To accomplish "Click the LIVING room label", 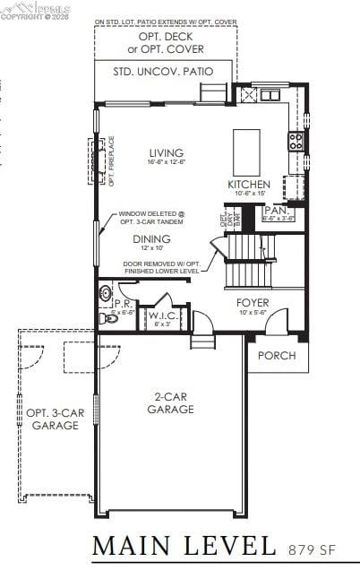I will (167, 152).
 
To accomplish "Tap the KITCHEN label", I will (248, 185).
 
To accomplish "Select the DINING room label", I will (152, 239).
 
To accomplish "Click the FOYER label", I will (253, 303).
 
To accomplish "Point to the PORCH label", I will (277, 356).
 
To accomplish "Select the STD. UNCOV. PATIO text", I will (163, 71).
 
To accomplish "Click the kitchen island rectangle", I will (246, 146).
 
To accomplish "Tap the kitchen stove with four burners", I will (295, 141).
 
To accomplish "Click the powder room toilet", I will (109, 317).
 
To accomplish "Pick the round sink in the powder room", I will (106, 291).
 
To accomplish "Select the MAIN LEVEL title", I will (184, 545).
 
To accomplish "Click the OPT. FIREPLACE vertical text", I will (111, 161).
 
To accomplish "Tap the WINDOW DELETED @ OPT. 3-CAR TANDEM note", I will (151, 218).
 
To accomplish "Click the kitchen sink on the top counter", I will (270, 94).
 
